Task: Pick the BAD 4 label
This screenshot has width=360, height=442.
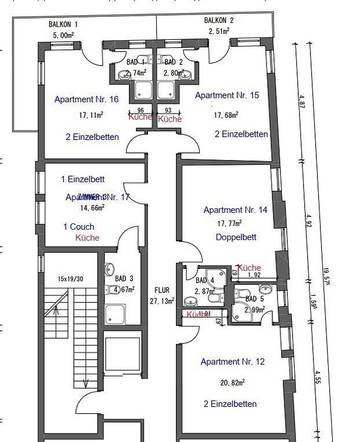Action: pyautogui.click(x=204, y=280)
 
